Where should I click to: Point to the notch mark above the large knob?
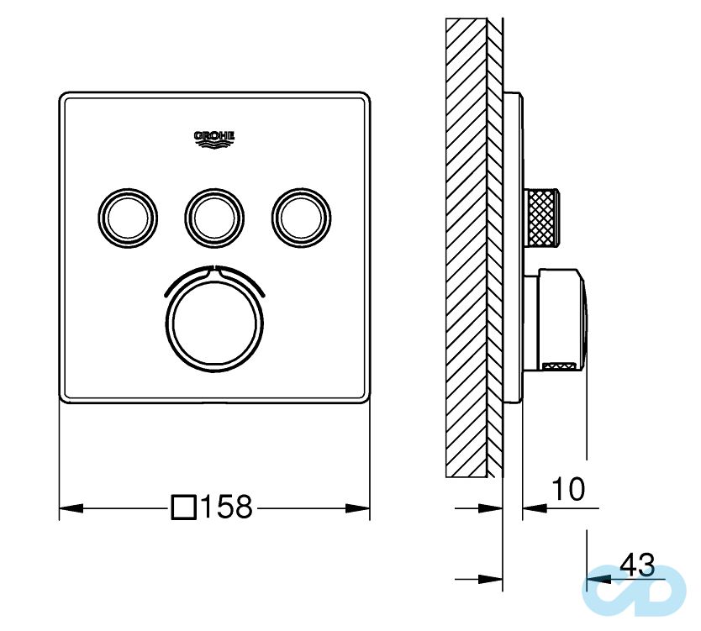[214, 270]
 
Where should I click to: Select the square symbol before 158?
[184, 507]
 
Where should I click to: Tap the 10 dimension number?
[568, 488]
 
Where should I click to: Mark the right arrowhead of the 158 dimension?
[359, 507]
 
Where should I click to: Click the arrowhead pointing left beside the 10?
[535, 507]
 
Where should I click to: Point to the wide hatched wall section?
[466, 244]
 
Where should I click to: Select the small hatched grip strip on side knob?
[560, 365]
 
